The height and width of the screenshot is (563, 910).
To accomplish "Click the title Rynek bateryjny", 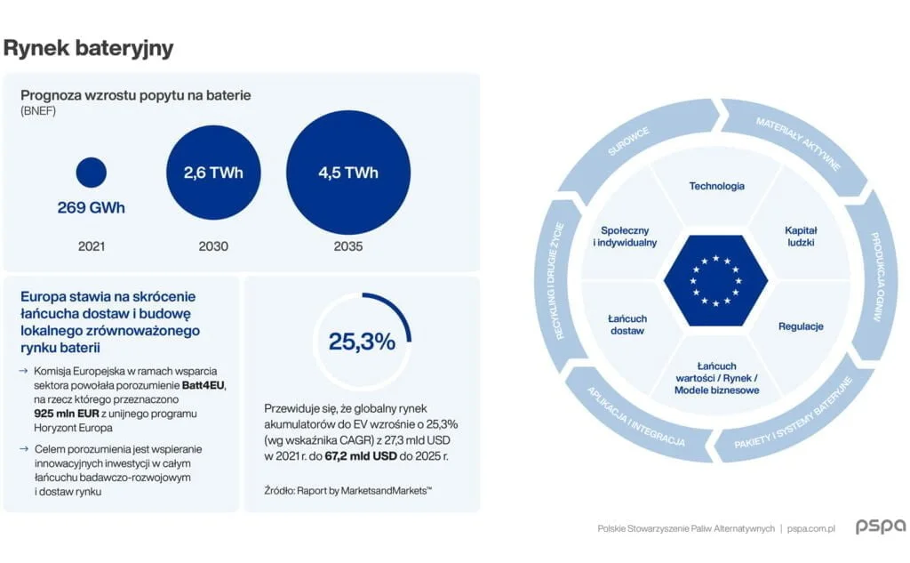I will (x=88, y=48).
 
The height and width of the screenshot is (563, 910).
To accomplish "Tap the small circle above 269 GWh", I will (x=92, y=172).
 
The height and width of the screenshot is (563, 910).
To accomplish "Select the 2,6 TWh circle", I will (x=213, y=173).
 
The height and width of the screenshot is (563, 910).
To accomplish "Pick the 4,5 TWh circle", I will (x=348, y=173).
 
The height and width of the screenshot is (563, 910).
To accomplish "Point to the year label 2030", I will (x=212, y=246).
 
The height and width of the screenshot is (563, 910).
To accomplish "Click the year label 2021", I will (x=91, y=246).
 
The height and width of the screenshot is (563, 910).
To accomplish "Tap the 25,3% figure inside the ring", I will (x=362, y=342).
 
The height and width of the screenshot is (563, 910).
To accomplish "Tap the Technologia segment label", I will (x=716, y=186).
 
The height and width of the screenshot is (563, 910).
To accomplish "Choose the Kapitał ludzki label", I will (x=800, y=236).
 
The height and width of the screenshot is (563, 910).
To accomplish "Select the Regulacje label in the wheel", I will (x=801, y=326).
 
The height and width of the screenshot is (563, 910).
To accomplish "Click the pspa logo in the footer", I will (x=880, y=527).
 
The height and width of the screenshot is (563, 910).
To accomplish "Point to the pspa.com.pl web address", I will (x=811, y=528).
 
